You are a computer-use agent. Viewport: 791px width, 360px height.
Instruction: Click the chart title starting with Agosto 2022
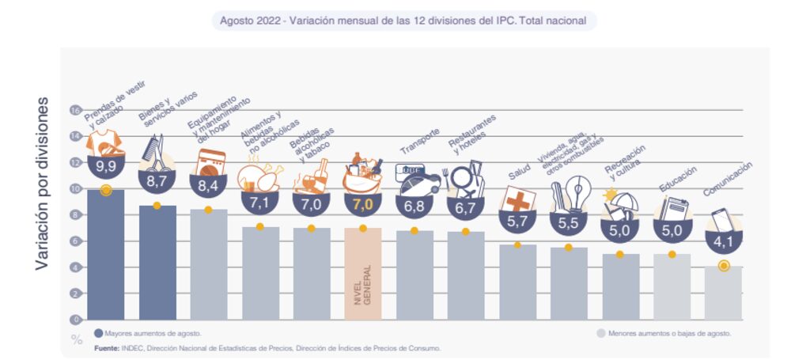[403, 21]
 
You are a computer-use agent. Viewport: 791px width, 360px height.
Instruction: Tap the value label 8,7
[157, 181]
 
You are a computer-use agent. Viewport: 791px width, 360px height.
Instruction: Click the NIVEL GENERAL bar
[362, 273]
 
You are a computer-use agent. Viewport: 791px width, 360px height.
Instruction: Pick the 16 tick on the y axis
[76, 110]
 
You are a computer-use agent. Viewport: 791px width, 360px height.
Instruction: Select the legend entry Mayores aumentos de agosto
[147, 333]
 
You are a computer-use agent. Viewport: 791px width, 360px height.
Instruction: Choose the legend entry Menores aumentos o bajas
[664, 333]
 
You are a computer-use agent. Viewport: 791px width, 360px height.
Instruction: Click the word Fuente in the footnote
[107, 348]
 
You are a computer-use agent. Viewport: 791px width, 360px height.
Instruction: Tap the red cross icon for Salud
[518, 199]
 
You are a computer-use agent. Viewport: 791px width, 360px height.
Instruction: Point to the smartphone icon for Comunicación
[721, 218]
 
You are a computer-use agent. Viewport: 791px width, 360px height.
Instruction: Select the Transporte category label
[419, 141]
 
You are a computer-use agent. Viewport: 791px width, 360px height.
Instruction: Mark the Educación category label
[677, 178]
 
